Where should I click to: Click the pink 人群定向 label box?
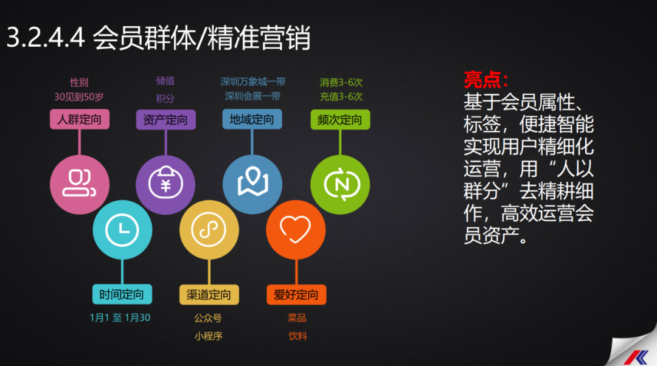[x=80, y=119]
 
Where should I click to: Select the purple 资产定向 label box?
[x=166, y=120]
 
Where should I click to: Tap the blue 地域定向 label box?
[x=252, y=119]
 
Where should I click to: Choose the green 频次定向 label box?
[x=340, y=120]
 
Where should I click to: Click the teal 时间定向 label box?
[x=122, y=294]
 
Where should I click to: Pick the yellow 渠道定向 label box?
[x=209, y=295]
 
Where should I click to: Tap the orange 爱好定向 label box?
[x=296, y=295]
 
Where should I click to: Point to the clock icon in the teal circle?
[x=122, y=230]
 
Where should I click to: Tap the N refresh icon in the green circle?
[x=342, y=184]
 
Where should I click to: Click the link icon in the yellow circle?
[x=209, y=229]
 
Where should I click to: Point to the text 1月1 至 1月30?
[x=120, y=318]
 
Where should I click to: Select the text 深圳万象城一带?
[x=253, y=81]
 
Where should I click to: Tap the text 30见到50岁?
[x=78, y=97]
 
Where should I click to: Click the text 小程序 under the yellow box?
[x=208, y=336]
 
